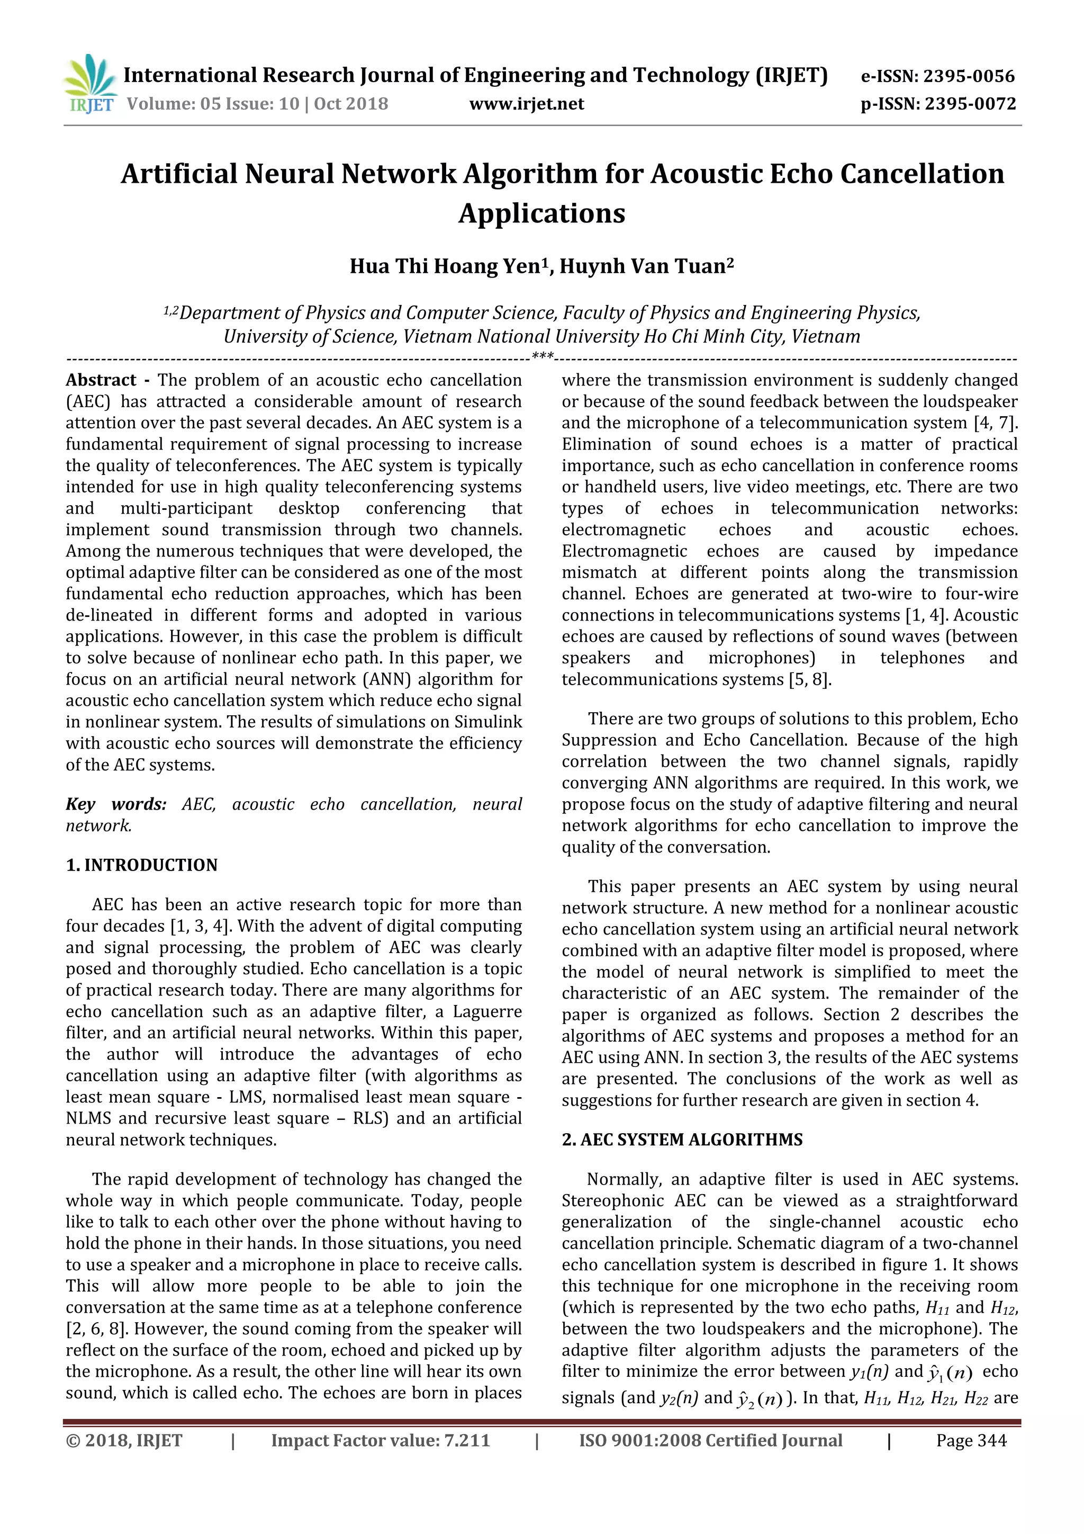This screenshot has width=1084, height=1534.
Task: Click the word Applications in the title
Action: coord(541,213)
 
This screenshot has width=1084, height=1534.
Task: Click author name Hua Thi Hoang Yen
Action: coord(445,266)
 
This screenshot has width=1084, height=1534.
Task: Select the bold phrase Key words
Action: coord(116,804)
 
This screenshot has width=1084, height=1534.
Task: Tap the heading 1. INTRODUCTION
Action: coord(142,865)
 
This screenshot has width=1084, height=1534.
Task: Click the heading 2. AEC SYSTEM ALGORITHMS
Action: coord(682,1140)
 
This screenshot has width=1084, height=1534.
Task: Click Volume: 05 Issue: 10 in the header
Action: coord(213,104)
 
